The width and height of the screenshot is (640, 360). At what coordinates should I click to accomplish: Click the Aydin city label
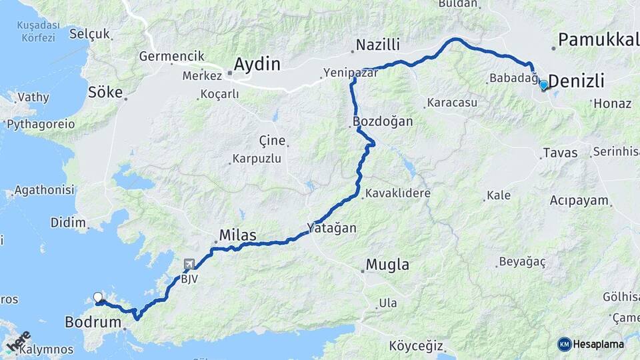click(x=257, y=65)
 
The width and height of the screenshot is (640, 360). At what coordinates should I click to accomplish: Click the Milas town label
click(x=238, y=235)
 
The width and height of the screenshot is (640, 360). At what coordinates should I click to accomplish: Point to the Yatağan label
click(x=331, y=228)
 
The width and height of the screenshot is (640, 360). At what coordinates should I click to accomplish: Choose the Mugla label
click(x=387, y=265)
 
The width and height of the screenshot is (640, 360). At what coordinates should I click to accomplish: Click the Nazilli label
click(x=377, y=45)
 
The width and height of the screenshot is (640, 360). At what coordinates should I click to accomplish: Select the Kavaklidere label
click(x=397, y=193)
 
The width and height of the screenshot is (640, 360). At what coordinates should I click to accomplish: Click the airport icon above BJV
click(x=189, y=265)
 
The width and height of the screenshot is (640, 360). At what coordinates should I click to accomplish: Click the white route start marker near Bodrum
click(x=98, y=297)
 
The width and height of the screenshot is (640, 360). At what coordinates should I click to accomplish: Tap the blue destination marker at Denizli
click(x=543, y=85)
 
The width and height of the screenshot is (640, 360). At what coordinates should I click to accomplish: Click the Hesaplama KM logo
click(x=591, y=344)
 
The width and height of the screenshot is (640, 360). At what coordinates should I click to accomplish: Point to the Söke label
click(x=105, y=91)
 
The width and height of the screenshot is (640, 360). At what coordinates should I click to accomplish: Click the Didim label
click(x=67, y=223)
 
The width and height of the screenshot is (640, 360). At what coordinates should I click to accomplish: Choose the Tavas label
click(x=560, y=153)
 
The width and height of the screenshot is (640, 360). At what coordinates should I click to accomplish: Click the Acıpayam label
click(x=579, y=200)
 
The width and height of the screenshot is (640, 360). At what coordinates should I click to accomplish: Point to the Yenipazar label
click(x=350, y=73)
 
